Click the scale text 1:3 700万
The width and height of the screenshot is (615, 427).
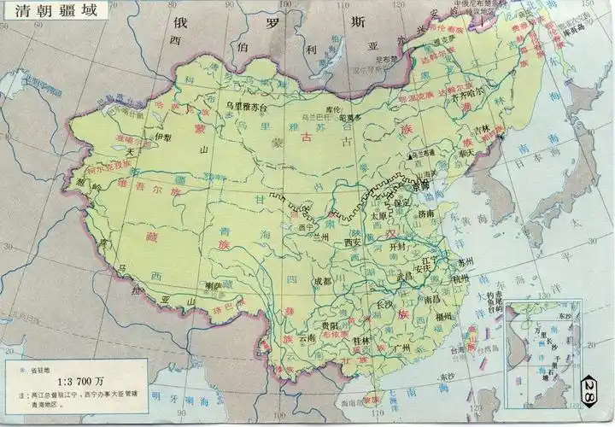(82, 381)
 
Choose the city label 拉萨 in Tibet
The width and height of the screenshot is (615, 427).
(213, 286)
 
